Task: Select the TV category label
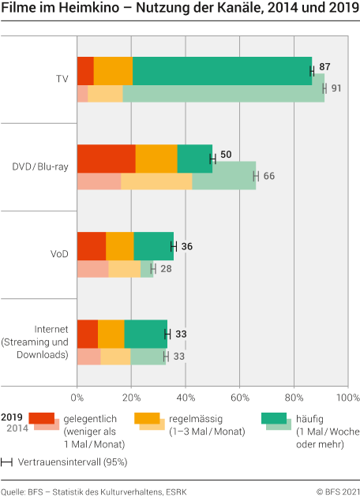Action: (62, 79)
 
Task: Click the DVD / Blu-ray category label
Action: (41, 166)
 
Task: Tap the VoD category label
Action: (60, 254)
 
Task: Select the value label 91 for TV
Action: (336, 88)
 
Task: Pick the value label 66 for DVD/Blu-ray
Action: (268, 175)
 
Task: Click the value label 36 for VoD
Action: (186, 246)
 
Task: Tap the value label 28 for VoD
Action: (167, 269)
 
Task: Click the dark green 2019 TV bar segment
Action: (222, 71)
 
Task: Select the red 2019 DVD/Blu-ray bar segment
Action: (106, 159)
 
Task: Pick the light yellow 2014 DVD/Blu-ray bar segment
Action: (156, 181)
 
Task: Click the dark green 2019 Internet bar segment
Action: (146, 334)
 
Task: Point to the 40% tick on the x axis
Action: (186, 396)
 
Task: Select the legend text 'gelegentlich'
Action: (87, 417)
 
